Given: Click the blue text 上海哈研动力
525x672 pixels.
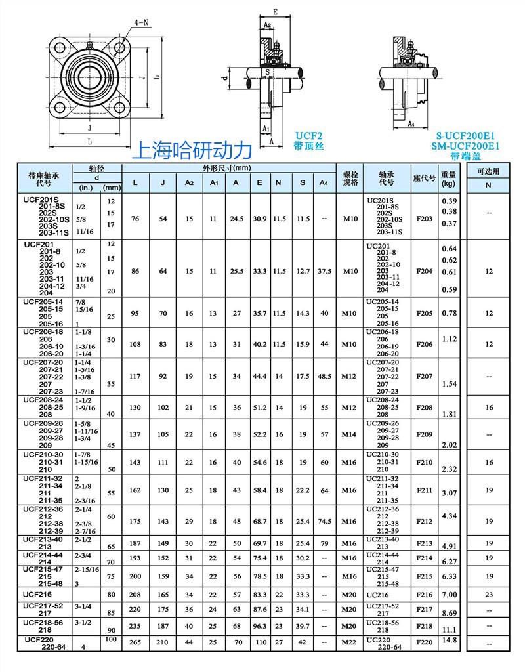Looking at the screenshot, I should [192, 150].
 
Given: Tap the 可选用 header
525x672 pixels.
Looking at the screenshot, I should [488, 171].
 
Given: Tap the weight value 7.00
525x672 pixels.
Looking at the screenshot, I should [449, 594].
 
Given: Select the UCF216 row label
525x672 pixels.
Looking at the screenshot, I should [38, 593].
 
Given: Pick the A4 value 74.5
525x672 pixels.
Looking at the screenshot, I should [324, 521].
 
